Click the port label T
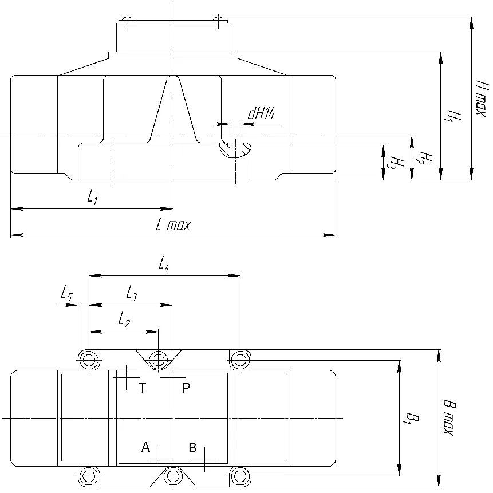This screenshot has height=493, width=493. pos(143,388)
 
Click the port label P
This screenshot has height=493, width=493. pos(186,388)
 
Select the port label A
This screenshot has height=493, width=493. pos(145,447)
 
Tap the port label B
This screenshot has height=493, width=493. pos(192,447)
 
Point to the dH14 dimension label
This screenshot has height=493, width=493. pos(262,113)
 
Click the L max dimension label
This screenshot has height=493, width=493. pos(173,225)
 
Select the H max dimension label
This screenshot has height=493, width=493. pos(482,98)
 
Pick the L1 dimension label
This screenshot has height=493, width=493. pos(92,196)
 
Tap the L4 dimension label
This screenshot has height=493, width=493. pos(164,263)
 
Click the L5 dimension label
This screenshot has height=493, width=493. pos(66,294)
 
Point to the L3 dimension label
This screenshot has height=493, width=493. pos(132,293)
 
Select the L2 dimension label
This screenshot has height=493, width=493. pos(124,321)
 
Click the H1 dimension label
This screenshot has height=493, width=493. pos(454,116)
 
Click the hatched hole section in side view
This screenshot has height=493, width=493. pos(235,149)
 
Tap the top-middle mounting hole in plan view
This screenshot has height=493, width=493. pos(158,360)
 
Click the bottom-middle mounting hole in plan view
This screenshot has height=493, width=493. pos(173,476)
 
